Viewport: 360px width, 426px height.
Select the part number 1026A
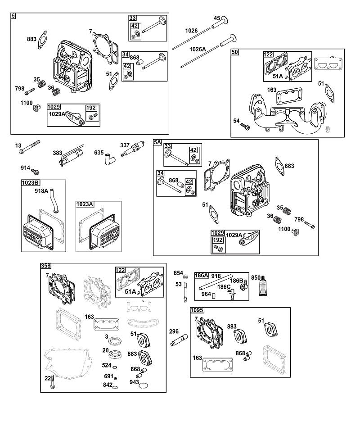click(198, 49)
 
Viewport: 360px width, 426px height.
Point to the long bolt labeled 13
click(29, 147)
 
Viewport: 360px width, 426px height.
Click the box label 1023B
click(30, 182)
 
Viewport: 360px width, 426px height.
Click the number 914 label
click(25, 168)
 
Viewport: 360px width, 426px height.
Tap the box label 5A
click(157, 142)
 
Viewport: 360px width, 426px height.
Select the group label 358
click(45, 266)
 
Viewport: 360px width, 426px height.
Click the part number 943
click(134, 382)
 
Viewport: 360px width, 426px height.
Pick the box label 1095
click(197, 310)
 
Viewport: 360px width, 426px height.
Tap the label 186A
click(202, 276)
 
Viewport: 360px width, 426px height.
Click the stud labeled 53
click(185, 292)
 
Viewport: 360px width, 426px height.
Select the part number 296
click(174, 331)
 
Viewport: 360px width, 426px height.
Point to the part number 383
click(57, 153)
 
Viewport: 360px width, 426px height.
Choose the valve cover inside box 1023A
click(103, 230)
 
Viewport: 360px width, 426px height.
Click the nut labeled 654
click(185, 276)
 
